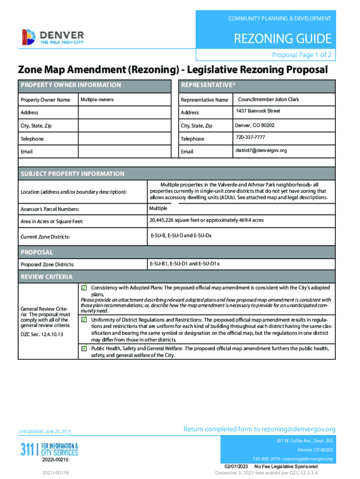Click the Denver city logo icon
(x=29, y=36)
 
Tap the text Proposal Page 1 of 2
(x=302, y=55)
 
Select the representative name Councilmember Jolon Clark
(x=268, y=100)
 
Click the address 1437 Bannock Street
(x=257, y=111)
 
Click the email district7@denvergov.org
(x=260, y=151)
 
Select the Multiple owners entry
(x=97, y=100)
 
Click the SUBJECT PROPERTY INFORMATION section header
(x=72, y=174)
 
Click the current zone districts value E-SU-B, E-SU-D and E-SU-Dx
(x=180, y=235)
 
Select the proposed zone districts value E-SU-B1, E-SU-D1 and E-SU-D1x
(x=184, y=264)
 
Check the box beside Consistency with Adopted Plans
(x=84, y=287)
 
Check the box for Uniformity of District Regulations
(x=84, y=319)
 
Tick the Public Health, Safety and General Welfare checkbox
(x=84, y=348)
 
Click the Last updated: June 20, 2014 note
(x=44, y=431)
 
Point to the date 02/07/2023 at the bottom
(x=236, y=467)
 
